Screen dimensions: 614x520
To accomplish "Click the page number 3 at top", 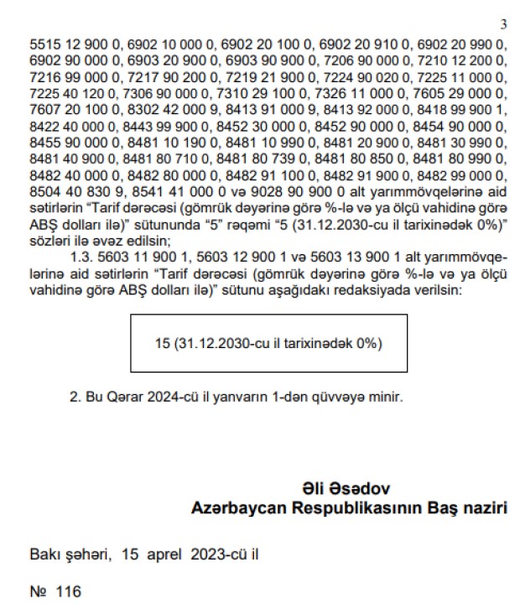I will point(503,25).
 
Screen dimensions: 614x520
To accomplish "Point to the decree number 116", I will point(68,592).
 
